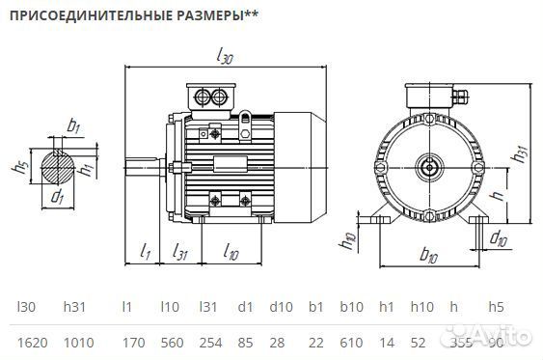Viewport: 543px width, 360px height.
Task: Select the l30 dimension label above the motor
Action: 225,58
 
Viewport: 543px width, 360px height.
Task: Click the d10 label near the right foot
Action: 499,236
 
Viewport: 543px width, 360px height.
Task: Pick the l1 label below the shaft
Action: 145,252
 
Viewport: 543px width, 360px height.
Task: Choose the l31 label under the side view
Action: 179,252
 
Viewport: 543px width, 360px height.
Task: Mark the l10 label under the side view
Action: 231,252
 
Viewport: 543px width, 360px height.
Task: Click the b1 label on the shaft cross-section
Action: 72,125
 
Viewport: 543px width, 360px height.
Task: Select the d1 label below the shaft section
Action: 58,198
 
